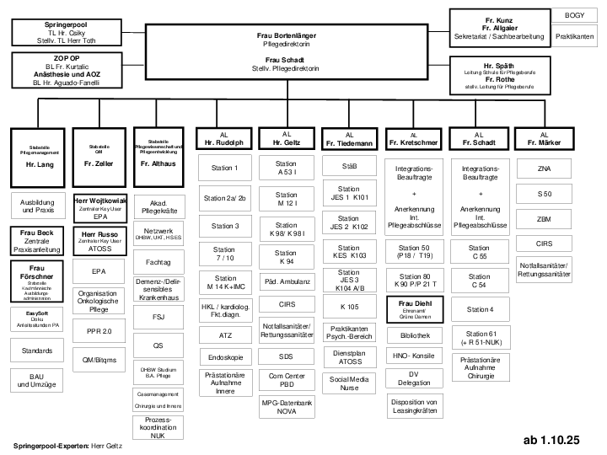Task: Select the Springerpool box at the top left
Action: click(58, 31)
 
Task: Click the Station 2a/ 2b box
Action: click(224, 198)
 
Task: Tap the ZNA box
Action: click(544, 169)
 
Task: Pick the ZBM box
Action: click(544, 219)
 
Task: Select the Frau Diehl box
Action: click(414, 308)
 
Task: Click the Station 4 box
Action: click(479, 309)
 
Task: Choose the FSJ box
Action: click(158, 318)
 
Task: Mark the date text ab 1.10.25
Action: click(552, 440)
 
